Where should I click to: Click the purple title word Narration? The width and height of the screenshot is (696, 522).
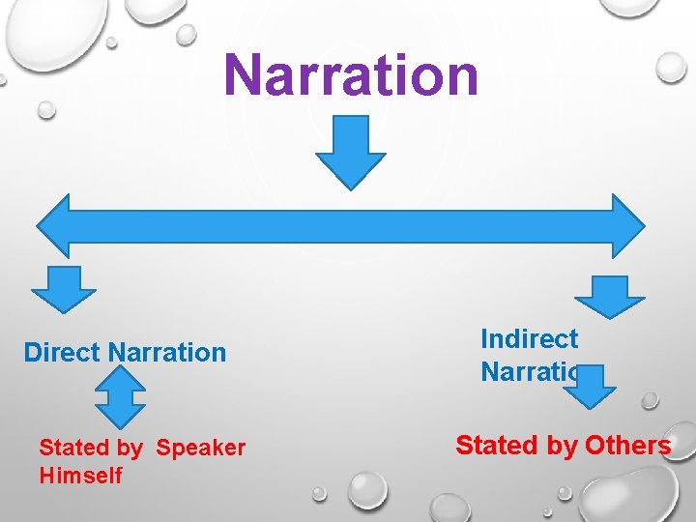click(x=351, y=75)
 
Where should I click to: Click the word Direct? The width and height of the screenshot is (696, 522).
click(x=63, y=352)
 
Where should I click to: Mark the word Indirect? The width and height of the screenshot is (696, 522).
click(x=530, y=339)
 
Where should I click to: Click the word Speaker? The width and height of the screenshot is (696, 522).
click(x=201, y=449)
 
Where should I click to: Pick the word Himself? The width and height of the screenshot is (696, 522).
click(x=81, y=476)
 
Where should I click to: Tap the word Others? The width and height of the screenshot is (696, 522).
click(x=627, y=446)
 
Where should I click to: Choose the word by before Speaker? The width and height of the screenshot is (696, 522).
click(x=130, y=449)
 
